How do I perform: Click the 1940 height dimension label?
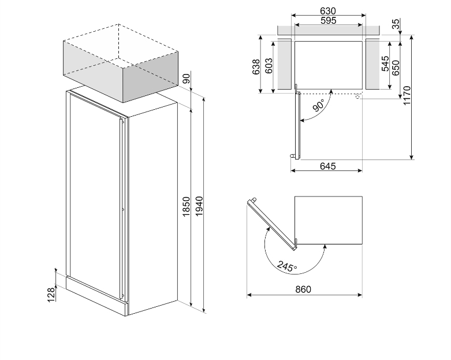pyautogui.click(x=200, y=206)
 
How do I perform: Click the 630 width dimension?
pyautogui.click(x=328, y=11)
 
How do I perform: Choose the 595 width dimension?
pyautogui.click(x=328, y=21)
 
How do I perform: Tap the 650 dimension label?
pyautogui.click(x=396, y=68)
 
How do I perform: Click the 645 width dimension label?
pyautogui.click(x=327, y=166)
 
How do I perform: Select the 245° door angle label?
pyautogui.click(x=286, y=266)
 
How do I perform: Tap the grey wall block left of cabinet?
pyautogui.click(x=284, y=64)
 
